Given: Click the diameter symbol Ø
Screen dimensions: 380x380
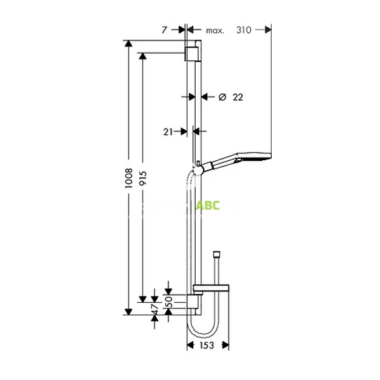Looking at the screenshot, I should pos(222,97).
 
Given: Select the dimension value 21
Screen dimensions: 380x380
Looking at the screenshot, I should pos(168,132).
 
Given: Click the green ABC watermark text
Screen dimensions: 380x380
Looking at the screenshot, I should pos(208,205).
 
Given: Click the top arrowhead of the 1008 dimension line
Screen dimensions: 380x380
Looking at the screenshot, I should pos(129,44).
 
